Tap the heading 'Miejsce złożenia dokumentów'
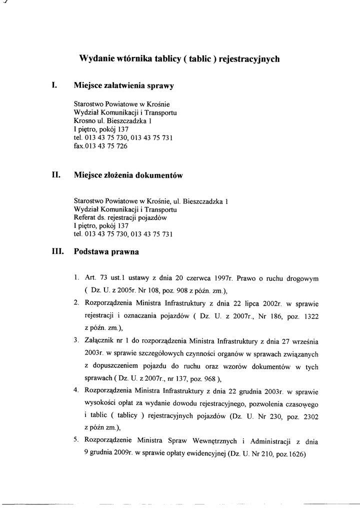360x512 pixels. [128, 175]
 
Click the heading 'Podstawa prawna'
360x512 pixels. [106, 252]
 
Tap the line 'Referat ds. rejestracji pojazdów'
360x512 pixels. [120, 218]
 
